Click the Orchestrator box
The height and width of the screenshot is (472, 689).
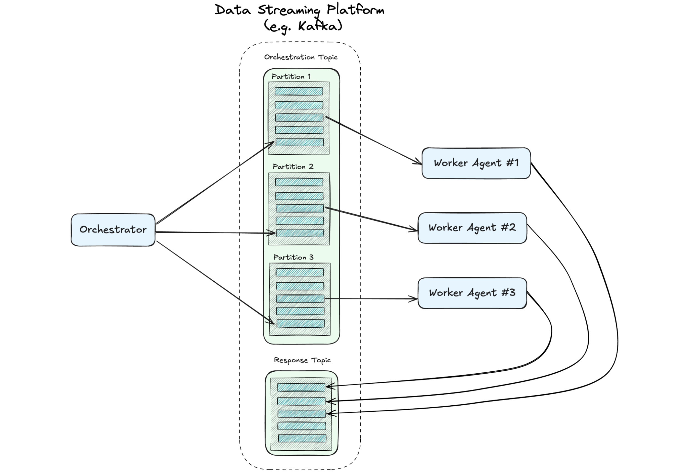113,230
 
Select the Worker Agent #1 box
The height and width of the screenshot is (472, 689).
476,163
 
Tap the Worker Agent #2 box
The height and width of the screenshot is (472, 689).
472,228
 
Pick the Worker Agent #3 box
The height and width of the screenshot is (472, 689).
472,293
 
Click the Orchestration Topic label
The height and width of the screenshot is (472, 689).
301,57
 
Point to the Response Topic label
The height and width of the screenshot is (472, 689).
302,360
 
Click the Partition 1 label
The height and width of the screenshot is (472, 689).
291,77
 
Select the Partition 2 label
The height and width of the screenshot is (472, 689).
293,167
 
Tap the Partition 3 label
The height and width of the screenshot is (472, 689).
293,257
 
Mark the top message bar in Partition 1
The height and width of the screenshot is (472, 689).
298,91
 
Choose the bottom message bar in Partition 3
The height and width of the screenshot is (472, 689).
300,323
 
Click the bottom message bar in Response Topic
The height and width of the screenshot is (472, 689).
302,438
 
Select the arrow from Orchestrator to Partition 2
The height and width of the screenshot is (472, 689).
214,233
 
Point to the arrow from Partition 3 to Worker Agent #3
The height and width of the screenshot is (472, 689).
371,299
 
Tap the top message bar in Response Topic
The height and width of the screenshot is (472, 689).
301,387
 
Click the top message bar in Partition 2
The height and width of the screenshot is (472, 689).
299,182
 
